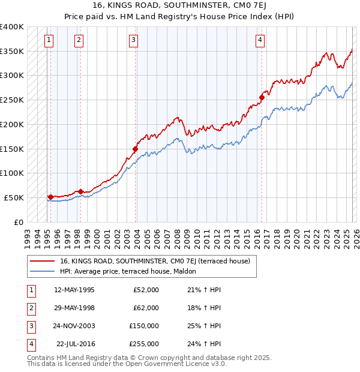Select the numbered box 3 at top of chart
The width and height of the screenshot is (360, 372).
[x=133, y=40]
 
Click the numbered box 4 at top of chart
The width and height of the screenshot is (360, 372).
[x=260, y=40]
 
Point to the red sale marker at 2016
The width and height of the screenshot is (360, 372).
[x=262, y=97]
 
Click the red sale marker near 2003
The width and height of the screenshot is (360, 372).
[x=136, y=149]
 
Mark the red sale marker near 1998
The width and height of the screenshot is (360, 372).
[x=81, y=192]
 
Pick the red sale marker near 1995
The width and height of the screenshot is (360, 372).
[x=50, y=197]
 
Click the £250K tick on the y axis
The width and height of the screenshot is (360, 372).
[x=12, y=100]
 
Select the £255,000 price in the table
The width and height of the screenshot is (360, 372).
[x=144, y=344]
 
